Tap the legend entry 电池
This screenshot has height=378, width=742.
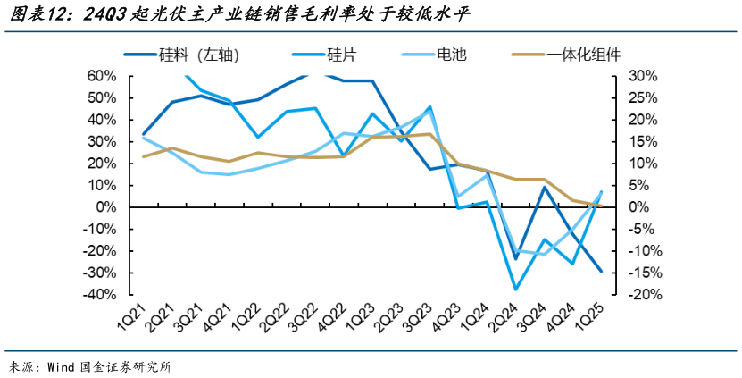pyautogui.click(x=451, y=55)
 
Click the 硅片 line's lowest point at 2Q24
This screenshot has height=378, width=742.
pyautogui.click(x=515, y=290)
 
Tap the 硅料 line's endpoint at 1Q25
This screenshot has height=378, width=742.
pyautogui.click(x=601, y=272)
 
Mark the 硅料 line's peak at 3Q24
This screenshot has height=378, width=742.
pyautogui.click(x=544, y=187)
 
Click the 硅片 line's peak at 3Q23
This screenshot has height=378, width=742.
pyautogui.click(x=429, y=106)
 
